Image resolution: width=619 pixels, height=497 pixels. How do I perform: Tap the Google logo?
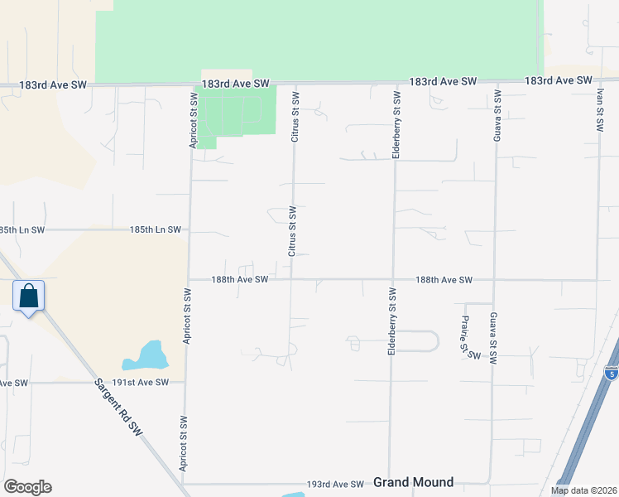[x=27, y=487]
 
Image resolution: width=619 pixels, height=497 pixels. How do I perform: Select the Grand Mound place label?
[x=413, y=482]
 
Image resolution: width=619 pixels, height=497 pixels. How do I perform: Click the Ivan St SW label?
[x=599, y=107]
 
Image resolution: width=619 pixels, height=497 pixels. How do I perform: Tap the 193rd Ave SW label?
[x=335, y=484]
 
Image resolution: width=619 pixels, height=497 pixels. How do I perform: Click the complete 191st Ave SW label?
[x=141, y=382]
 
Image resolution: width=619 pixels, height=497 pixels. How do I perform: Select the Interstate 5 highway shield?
[x=611, y=373]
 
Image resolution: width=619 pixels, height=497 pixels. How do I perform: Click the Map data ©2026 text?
[x=583, y=490]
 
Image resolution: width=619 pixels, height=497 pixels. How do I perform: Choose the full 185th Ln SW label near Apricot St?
[x=156, y=229]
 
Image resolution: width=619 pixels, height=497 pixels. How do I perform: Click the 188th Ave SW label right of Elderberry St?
[x=444, y=280]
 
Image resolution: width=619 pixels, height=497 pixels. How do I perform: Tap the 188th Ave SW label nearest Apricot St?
[x=240, y=280]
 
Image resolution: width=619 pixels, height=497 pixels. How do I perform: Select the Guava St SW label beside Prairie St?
[x=493, y=340]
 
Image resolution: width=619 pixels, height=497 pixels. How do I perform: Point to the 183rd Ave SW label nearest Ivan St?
[x=559, y=80]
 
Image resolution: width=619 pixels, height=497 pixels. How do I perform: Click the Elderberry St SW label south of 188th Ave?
[x=391, y=322]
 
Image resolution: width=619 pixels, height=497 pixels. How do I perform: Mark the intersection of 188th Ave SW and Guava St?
[x=495, y=280]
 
